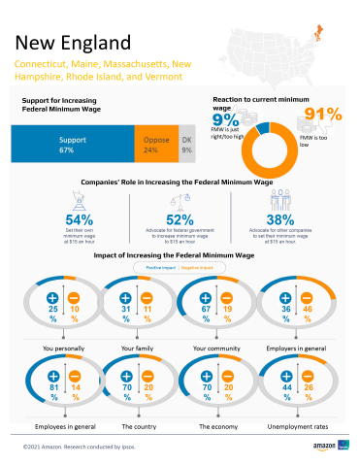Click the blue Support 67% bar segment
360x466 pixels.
point(68,146)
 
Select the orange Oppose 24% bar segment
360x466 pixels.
point(151,146)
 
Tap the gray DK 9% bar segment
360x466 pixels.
point(187,146)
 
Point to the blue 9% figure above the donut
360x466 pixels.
point(223,120)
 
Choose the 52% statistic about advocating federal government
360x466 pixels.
point(180,219)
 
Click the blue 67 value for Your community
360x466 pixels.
point(206,310)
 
